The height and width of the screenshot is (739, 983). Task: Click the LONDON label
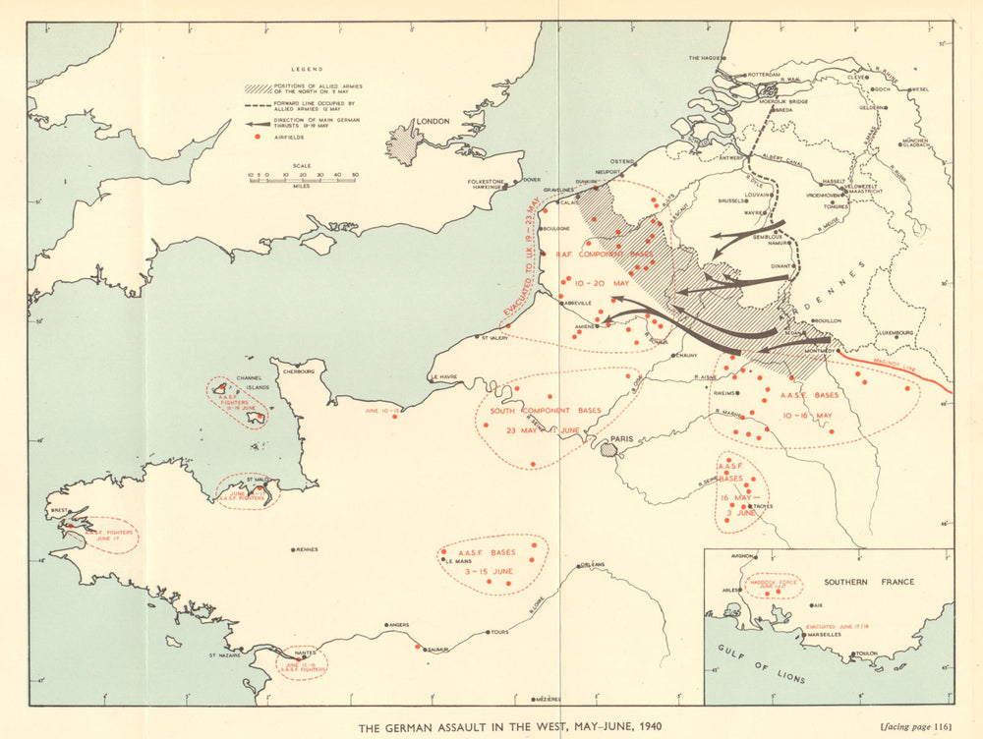click(433, 121)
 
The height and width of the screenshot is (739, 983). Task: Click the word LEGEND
click(306, 70)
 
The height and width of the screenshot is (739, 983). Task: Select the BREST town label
click(58, 511)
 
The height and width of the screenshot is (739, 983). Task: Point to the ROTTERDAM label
click(762, 75)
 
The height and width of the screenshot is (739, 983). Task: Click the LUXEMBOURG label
click(896, 332)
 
